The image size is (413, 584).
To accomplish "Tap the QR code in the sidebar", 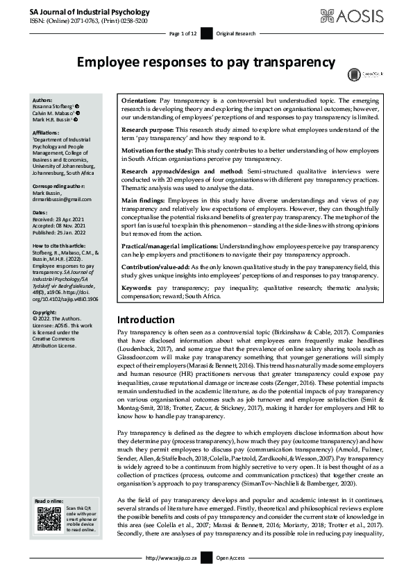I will coord(47,519).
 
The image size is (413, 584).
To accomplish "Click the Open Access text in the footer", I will coord(232,576).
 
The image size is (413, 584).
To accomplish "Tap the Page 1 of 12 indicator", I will coord(183,33).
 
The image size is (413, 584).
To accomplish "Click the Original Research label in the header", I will coord(235,33).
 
